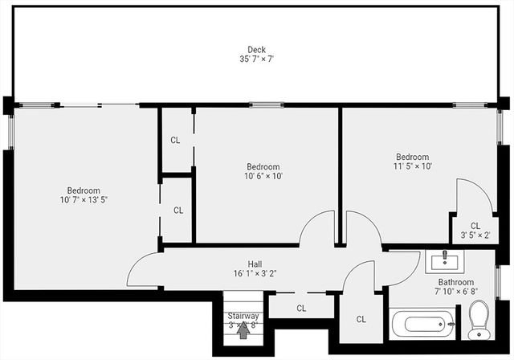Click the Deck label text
256,49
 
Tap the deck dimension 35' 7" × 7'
256,59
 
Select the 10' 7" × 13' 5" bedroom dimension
83,200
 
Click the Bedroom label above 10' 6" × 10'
263,166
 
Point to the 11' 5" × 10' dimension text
413,167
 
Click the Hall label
255,264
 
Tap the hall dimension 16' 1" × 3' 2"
255,274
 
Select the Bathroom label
455,282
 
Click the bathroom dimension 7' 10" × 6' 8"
455,292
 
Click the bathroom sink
443,260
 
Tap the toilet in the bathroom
479,318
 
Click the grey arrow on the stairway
243,331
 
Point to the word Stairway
243,317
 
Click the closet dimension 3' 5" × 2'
475,235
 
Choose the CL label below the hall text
301,308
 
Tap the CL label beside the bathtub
361,319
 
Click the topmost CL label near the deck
175,140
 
